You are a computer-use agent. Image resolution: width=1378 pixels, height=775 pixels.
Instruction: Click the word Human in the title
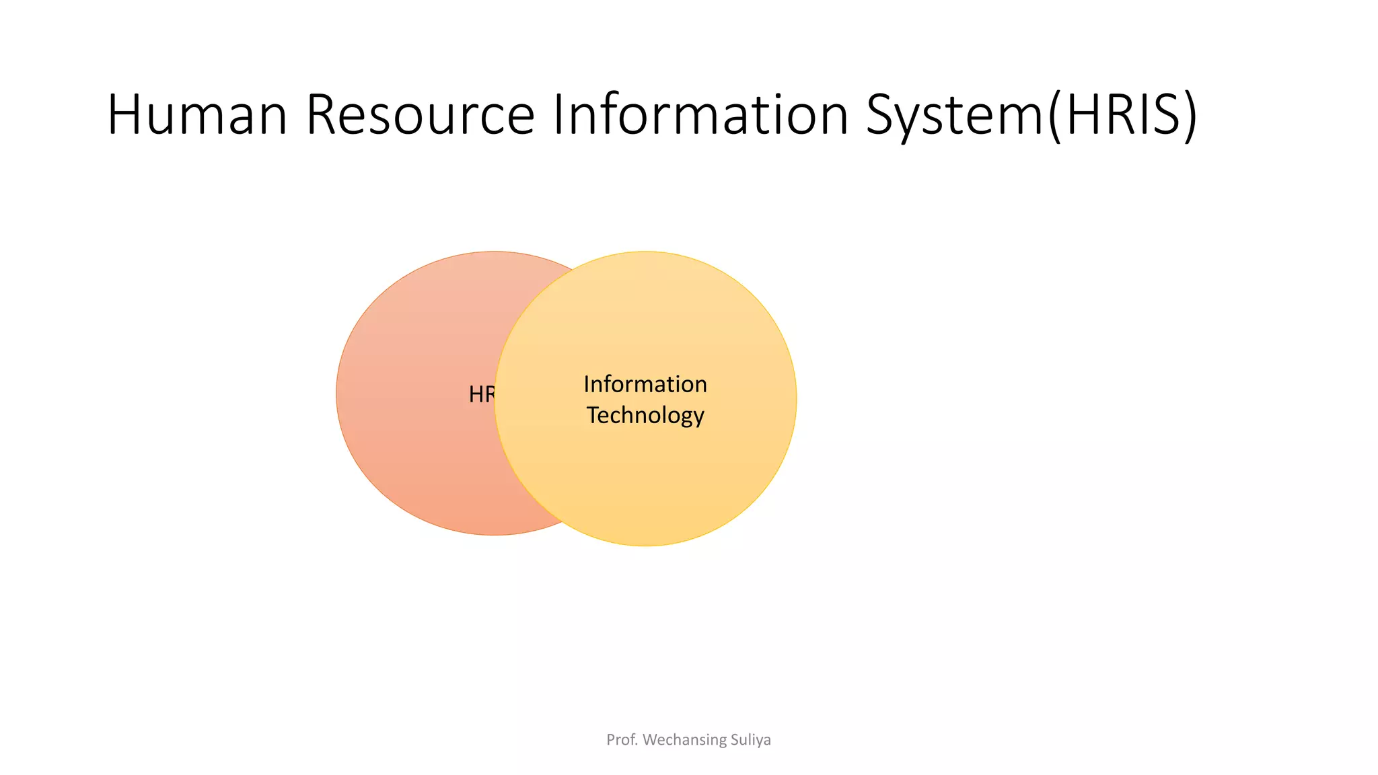[x=197, y=115]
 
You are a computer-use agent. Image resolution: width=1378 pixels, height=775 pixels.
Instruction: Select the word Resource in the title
[x=420, y=115]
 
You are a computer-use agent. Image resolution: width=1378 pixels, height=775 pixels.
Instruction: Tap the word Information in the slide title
[x=700, y=115]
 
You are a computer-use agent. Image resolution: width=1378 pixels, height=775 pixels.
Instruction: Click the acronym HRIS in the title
[x=1122, y=115]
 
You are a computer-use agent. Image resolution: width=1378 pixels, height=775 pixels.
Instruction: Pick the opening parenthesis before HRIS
[x=1054, y=116]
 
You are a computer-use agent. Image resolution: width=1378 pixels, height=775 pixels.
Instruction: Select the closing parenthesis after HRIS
[x=1190, y=116]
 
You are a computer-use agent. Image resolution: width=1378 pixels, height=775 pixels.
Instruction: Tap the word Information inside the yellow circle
[x=645, y=384]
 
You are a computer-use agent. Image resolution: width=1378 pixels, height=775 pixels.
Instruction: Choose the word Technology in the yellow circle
[x=645, y=416]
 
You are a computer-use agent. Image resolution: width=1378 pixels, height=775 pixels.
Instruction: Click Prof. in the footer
[x=621, y=740]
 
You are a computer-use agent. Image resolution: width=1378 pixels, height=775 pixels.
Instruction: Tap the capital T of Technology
[x=593, y=415]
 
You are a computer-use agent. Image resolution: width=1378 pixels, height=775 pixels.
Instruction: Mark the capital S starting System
[x=883, y=115]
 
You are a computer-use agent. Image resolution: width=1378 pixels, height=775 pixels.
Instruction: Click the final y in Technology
[x=698, y=417]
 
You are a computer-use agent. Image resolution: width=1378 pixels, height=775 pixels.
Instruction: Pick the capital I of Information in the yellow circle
[x=587, y=384]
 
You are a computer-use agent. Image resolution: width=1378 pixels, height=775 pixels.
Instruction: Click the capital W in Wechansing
[x=651, y=740]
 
